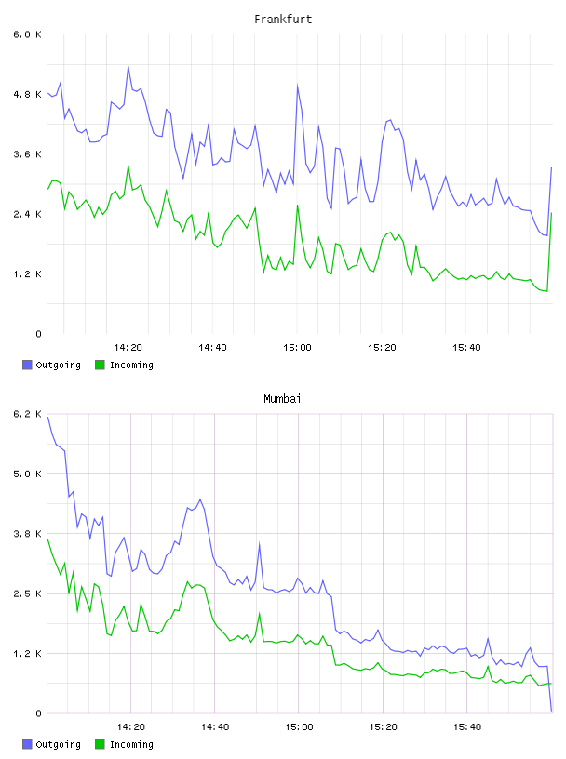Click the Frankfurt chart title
(283, 20)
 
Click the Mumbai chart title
(282, 399)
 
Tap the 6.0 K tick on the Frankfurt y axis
(27, 34)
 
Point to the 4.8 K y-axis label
(27, 94)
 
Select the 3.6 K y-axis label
(27, 154)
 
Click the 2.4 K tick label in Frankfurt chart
(27, 215)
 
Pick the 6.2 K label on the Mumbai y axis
(27, 414)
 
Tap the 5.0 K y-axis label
(27, 473)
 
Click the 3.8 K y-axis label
(27, 534)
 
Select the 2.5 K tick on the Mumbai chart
(27, 594)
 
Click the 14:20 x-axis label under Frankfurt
(128, 348)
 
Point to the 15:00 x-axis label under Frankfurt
(297, 348)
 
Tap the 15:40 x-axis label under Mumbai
(467, 727)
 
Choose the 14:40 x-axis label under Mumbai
(215, 727)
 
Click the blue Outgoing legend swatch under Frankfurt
(27, 365)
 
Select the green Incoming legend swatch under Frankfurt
(100, 365)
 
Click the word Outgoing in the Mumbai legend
(58, 744)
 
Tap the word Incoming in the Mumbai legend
(131, 744)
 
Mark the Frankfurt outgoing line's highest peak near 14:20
(128, 65)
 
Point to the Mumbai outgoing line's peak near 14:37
(200, 499)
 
